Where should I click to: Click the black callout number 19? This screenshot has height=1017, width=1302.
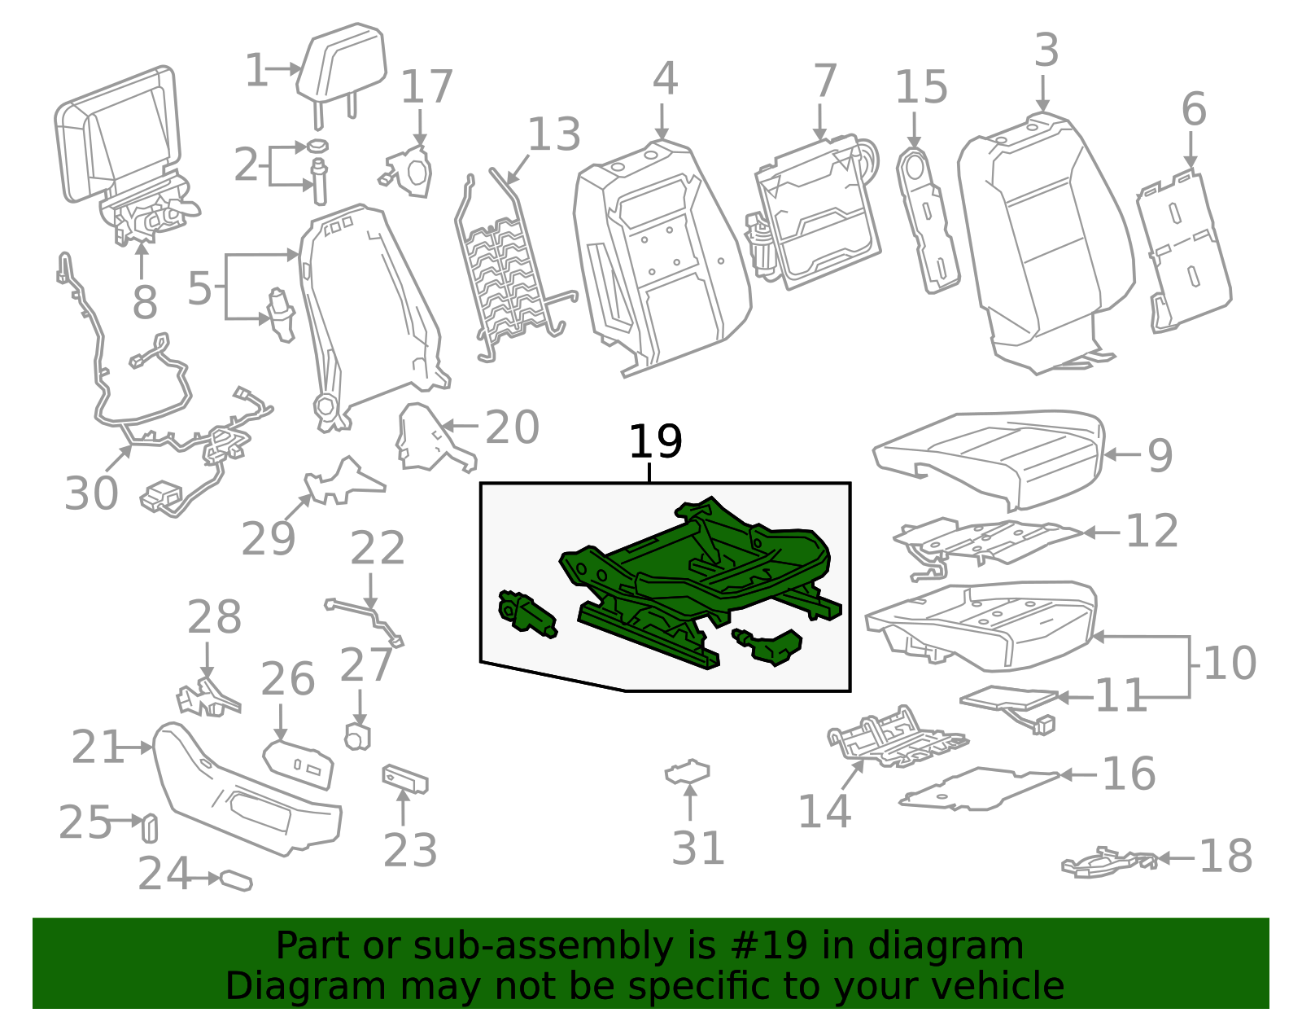click(655, 442)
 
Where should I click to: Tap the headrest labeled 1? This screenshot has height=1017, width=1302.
click(340, 65)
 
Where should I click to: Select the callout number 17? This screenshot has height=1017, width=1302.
click(426, 88)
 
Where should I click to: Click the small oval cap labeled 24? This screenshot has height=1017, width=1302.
click(236, 880)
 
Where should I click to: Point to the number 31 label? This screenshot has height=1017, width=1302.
click(698, 848)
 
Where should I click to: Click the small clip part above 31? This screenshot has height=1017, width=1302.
click(688, 771)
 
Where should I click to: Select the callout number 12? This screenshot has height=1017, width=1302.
click(1151, 532)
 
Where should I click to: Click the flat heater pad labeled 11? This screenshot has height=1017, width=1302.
click(1009, 699)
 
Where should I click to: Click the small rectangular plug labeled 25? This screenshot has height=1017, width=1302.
click(150, 827)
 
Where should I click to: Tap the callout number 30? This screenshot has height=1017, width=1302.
click(91, 493)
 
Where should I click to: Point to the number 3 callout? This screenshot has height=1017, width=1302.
click(1046, 50)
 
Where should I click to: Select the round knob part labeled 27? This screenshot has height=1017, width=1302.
click(357, 737)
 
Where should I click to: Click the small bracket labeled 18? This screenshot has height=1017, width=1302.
click(1107, 862)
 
